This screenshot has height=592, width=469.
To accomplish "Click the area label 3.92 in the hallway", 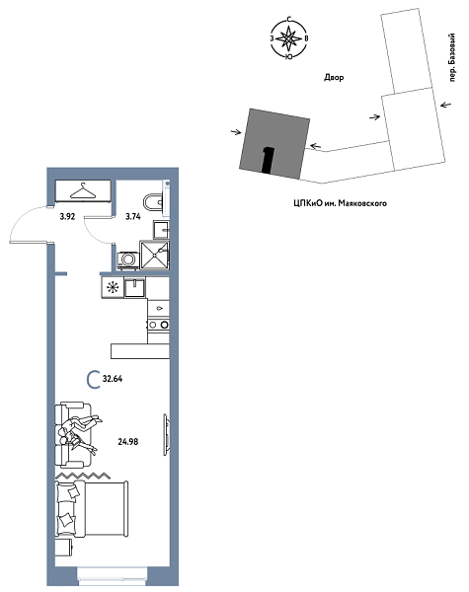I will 68,214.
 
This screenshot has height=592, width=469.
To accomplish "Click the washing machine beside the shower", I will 127,260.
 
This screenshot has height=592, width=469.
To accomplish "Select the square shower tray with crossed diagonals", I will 155,257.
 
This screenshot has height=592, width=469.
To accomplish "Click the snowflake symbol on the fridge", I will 113,288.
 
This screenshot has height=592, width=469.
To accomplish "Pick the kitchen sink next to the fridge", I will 136,288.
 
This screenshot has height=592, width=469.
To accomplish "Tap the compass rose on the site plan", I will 287,39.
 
